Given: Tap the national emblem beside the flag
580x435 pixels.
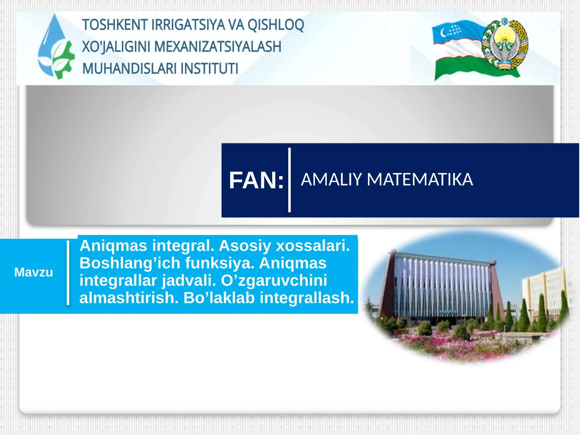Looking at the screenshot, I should coord(505,44).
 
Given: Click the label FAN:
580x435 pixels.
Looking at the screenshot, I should coord(256,181).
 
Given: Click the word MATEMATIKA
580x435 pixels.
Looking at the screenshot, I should coord(420,179).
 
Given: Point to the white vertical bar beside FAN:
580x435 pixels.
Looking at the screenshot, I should coord(289,180).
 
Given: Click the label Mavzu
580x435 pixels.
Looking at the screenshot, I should coord(33,272).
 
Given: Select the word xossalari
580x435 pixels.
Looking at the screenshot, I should coord(313,246).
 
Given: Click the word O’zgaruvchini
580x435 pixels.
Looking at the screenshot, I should coord(274,281).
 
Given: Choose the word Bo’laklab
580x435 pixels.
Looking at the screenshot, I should coord(220,298).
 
